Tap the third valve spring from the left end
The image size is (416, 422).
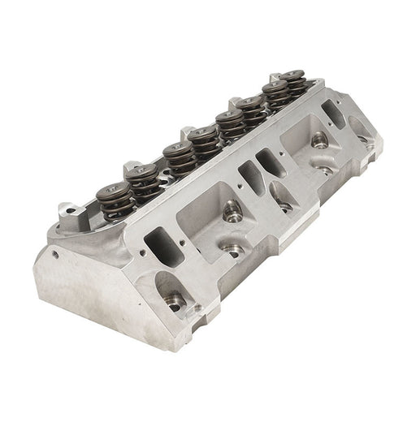pyautogui.click(x=175, y=153)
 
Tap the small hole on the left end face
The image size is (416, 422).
pyautogui.click(x=56, y=253)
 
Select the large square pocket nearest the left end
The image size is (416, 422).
pyautogui.click(x=211, y=215)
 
